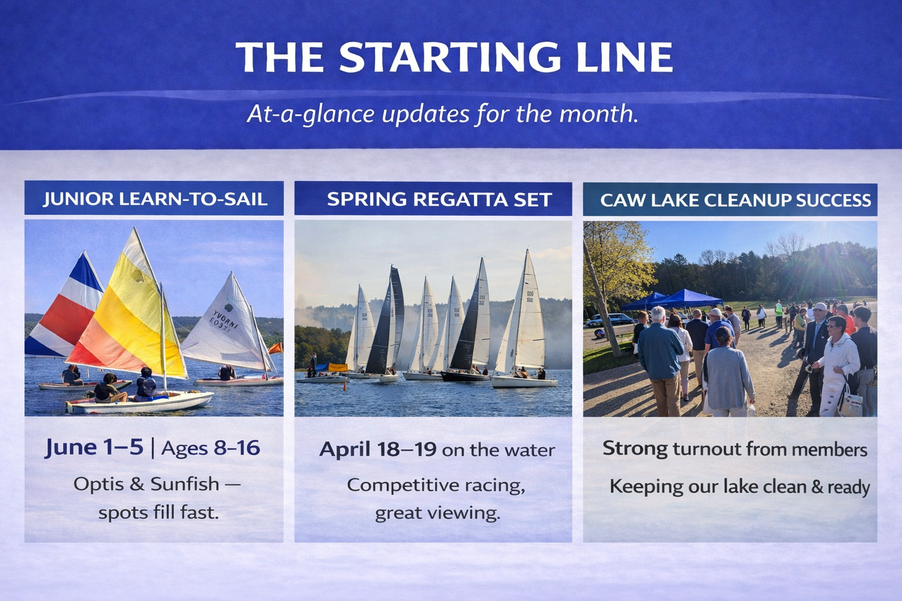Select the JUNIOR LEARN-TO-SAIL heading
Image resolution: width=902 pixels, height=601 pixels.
coord(155,199)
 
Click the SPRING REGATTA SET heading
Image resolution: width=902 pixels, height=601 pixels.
coord(439,200)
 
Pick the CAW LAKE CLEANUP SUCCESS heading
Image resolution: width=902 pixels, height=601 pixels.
coord(736,201)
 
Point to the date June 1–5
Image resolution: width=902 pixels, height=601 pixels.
coord(94,447)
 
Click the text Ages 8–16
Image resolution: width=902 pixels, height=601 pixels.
coord(211,448)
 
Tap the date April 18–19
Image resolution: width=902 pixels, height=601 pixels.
coord(378,449)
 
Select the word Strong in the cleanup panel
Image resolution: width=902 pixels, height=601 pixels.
coord(635,449)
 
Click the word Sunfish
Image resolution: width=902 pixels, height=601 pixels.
coord(185,484)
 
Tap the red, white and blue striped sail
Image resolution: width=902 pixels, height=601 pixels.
coord(65,310)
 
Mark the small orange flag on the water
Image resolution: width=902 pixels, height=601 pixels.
coord(276,348)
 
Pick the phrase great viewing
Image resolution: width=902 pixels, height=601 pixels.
coord(437,514)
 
